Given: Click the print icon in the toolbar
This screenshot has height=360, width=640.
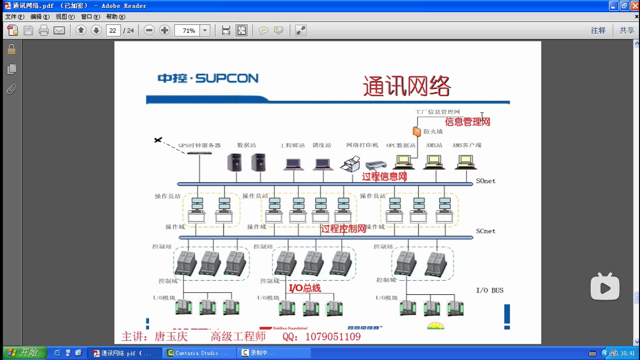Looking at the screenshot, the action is tap(44, 31).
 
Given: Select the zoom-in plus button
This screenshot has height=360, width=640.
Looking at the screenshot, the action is tap(164, 31).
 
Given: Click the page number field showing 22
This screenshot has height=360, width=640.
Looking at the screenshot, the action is tap(113, 31).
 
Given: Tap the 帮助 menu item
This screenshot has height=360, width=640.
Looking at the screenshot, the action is tap(115, 17).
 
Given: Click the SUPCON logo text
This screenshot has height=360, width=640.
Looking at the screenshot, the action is tap(208, 78).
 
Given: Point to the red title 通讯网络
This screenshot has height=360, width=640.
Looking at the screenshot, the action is tap(407, 86).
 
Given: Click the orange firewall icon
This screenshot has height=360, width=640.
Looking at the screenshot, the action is tap(416, 131).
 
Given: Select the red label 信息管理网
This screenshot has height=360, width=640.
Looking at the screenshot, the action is tap(467, 122).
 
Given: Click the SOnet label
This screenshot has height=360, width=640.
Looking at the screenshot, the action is tap(485, 181).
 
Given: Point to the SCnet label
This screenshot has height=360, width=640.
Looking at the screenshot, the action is tap(485, 231).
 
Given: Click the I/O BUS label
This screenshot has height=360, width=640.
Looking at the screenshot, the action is tap(489, 290).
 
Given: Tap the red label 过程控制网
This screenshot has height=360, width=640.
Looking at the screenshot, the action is tap(343, 229).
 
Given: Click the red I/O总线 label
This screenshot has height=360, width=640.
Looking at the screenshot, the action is tap(305, 288).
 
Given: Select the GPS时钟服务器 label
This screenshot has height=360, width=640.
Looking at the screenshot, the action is tap(199, 145).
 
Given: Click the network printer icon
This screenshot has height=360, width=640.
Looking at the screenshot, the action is tap(351, 164).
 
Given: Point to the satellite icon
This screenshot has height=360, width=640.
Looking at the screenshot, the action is tap(158, 140).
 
